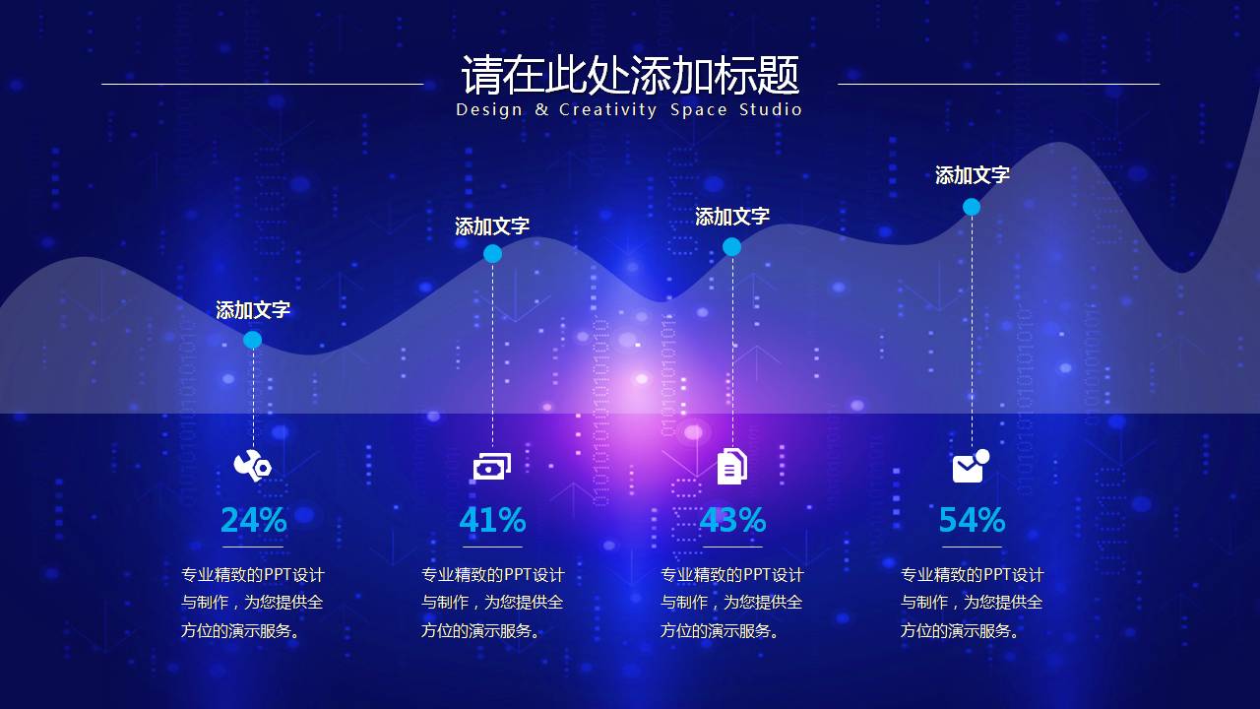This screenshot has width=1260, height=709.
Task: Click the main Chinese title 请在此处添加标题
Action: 630,75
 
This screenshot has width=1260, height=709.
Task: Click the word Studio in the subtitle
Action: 771,109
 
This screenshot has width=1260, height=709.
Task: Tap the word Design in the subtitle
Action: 489,110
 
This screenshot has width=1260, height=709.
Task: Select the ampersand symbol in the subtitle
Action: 541,109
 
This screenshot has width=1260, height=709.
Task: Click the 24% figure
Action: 254,520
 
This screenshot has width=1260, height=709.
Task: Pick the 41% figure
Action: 493,520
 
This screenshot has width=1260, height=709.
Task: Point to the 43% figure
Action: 732,520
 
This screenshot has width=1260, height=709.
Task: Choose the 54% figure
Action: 972,520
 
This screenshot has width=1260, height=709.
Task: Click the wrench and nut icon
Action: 253,466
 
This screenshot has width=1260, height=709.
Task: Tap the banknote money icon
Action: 492,467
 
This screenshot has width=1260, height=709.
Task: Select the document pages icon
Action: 732,467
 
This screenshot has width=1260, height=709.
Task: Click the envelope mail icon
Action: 971,466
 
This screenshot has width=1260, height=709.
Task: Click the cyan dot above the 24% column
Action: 253,340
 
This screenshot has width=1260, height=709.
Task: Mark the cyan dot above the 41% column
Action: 493,254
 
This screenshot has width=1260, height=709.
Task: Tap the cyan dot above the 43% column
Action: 731,246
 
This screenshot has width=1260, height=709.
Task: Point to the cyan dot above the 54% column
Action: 972,207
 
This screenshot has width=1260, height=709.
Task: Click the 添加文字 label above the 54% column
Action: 972,175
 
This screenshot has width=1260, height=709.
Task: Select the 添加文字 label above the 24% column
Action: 253,310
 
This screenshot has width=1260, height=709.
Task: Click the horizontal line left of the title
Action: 262,85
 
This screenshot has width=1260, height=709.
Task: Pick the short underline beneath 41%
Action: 493,547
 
